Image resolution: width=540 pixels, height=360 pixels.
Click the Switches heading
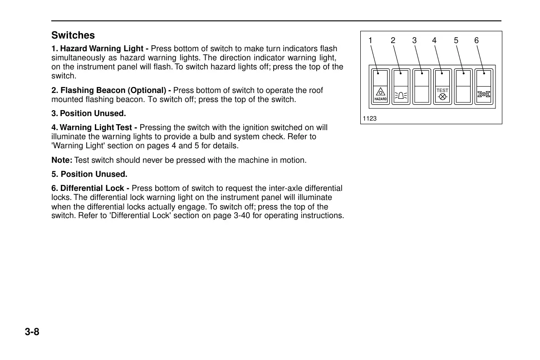pyautogui.click(x=73, y=35)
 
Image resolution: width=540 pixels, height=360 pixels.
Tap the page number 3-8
pyautogui.click(x=32, y=332)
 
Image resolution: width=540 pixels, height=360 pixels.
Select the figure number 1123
pyautogui.click(x=370, y=119)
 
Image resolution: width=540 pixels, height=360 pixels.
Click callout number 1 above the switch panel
pyautogui.click(x=370, y=41)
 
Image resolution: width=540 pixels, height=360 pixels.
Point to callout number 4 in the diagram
pyautogui.click(x=434, y=41)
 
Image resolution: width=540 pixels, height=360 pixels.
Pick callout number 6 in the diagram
pyautogui.click(x=476, y=41)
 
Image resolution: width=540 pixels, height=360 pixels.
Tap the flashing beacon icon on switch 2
pyautogui.click(x=401, y=95)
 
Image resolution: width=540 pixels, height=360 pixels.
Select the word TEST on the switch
pyautogui.click(x=442, y=90)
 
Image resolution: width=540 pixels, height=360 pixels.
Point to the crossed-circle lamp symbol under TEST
pyautogui.click(x=442, y=97)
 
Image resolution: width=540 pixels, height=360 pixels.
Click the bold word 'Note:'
pyautogui.click(x=62, y=160)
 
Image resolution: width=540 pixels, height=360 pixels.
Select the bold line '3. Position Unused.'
pyautogui.click(x=88, y=113)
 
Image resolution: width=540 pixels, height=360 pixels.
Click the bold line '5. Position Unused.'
pyautogui.click(x=89, y=174)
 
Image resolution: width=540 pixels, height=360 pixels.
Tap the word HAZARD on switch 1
pyautogui.click(x=381, y=99)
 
